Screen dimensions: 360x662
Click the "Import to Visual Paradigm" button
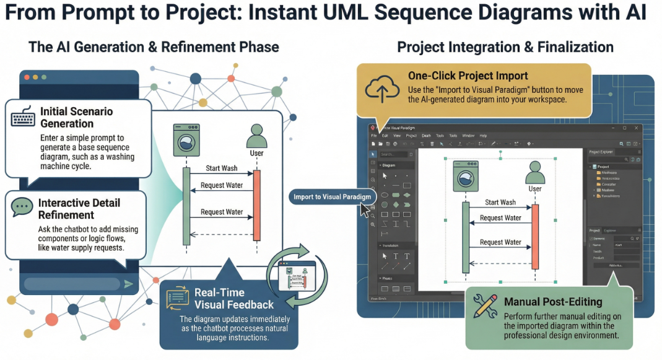[333, 197]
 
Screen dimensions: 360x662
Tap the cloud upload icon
[383, 88]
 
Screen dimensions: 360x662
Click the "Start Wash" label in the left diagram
[221, 169]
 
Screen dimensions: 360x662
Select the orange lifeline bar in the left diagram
[257, 204]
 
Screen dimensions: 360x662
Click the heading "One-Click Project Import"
[468, 76]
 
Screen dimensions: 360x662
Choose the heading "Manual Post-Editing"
[553, 302]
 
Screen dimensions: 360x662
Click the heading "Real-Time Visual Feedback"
[233, 298]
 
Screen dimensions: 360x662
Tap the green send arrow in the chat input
[128, 284]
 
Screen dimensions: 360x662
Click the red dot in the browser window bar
[27, 77]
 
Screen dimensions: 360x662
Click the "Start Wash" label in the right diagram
[500, 202]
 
